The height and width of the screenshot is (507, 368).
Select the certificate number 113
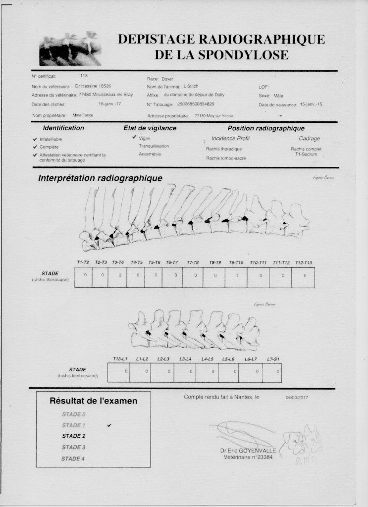click(x=84, y=76)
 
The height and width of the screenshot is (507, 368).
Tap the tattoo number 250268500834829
click(x=196, y=104)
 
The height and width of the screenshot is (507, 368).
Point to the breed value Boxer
click(x=167, y=79)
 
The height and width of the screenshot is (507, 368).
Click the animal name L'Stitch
click(x=191, y=86)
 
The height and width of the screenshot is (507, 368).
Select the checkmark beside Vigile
click(x=134, y=137)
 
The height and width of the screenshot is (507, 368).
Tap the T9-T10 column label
click(x=236, y=262)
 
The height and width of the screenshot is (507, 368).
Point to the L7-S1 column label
click(x=272, y=358)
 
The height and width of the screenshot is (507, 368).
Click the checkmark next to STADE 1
click(x=109, y=425)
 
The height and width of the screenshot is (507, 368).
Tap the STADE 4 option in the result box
click(x=73, y=458)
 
